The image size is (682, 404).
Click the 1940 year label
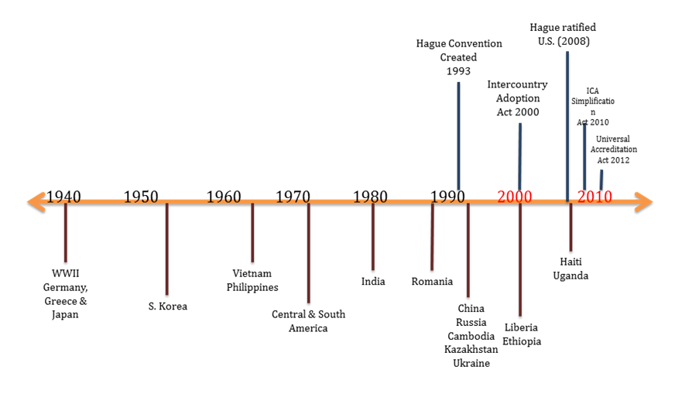tap(63, 197)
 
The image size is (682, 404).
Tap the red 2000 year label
tap(514, 197)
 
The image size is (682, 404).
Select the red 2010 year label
tap(595, 197)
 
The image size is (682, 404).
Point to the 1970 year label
tap(293, 197)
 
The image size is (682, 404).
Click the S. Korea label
tap(167, 306)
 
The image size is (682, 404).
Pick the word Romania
tap(432, 282)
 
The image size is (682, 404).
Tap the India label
tap(372, 282)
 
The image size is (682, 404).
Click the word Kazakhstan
tap(471, 350)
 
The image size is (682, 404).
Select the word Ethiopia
tap(522, 341)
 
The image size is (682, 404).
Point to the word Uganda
tap(571, 276)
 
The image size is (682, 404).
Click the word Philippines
tap(252, 287)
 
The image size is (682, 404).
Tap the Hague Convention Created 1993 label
tap(459, 57)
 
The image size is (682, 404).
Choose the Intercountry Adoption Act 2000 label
tap(517, 98)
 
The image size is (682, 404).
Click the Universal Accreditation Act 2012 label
tap(613, 149)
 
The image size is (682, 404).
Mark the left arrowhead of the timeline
tap(35, 203)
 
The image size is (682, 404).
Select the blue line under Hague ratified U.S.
tap(567, 124)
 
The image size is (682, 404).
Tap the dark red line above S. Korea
tap(166, 248)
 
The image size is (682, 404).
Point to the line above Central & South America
tap(308, 252)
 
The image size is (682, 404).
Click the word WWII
tap(66, 273)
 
